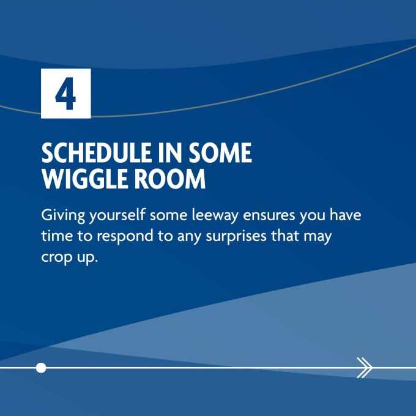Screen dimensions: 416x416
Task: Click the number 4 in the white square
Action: pyautogui.click(x=65, y=94)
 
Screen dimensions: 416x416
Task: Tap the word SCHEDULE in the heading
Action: pyautogui.click(x=96, y=152)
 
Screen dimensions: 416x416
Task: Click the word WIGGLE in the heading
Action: pyautogui.click(x=85, y=179)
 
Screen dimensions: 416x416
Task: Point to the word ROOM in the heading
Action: pyautogui.click(x=169, y=179)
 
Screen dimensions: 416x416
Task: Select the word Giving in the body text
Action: pyautogui.click(x=63, y=215)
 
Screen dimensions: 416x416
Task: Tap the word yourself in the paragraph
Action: pyautogui.click(x=117, y=215)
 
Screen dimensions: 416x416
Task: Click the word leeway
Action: pyautogui.click(x=215, y=215)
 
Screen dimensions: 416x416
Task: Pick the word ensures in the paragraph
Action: pyautogui.click(x=269, y=216)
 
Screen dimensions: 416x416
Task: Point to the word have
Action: pyautogui.click(x=345, y=215)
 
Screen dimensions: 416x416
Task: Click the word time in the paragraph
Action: pyautogui.click(x=57, y=236)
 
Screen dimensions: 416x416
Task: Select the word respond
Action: pyautogui.click(x=125, y=237)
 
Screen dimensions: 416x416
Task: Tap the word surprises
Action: pyautogui.click(x=236, y=237)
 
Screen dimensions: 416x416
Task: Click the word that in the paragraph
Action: pyautogui.click(x=284, y=236)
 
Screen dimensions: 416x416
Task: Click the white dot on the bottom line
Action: pyautogui.click(x=41, y=368)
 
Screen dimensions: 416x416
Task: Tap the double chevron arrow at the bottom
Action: pyautogui.click(x=365, y=368)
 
